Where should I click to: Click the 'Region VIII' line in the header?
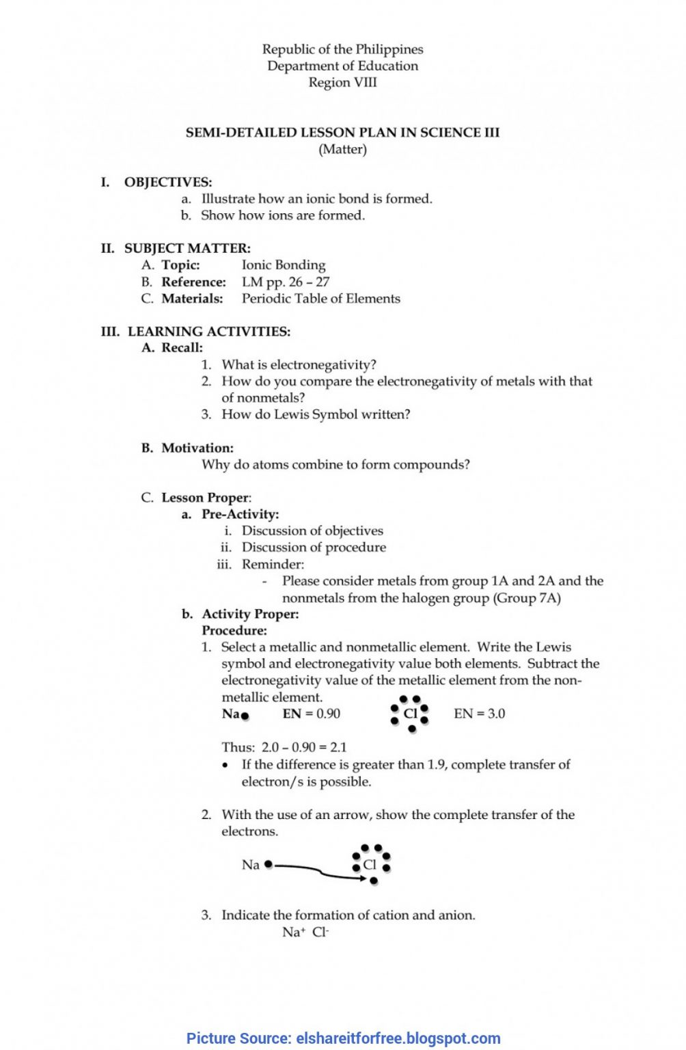click(x=342, y=83)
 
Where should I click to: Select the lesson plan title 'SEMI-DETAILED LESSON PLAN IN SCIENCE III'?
click(x=342, y=133)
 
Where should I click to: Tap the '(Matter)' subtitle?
click(x=342, y=149)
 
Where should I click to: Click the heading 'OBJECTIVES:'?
click(x=168, y=183)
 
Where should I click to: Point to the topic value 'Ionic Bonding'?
click(x=284, y=265)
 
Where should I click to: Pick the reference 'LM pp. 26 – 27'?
click(x=286, y=282)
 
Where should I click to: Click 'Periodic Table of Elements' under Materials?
click(x=320, y=299)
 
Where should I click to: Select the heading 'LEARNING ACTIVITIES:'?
click(x=209, y=332)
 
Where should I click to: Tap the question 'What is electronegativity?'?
click(x=299, y=365)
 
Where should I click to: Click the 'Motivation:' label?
click(x=197, y=448)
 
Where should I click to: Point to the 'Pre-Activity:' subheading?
click(x=240, y=514)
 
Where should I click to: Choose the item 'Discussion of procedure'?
click(x=314, y=548)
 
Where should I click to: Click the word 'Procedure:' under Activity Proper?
click(x=234, y=630)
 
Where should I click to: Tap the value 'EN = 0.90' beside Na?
click(x=311, y=714)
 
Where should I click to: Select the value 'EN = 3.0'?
click(x=479, y=714)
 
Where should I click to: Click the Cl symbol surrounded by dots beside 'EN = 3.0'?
click(x=410, y=714)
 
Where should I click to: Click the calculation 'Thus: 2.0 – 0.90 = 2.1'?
click(x=284, y=747)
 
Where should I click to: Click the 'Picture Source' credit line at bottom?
click(x=343, y=1038)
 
